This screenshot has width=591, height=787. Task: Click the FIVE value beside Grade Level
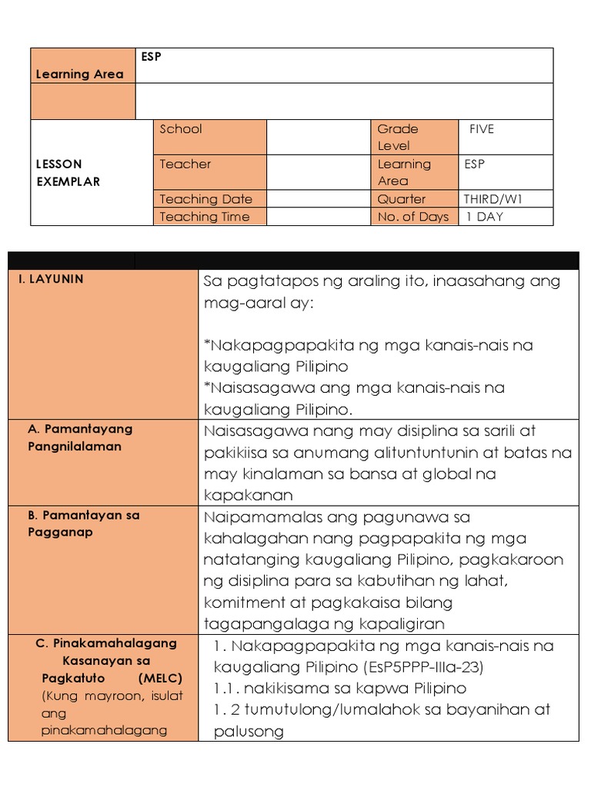482,129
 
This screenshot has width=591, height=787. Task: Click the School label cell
181,129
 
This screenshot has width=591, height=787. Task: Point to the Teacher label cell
185,164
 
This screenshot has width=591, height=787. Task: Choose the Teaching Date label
205,199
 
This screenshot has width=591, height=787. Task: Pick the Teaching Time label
205,217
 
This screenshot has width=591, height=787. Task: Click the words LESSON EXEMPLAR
69,173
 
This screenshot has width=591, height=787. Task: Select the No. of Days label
412,217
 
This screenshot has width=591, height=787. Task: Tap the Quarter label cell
401,199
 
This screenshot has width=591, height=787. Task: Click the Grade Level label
398,137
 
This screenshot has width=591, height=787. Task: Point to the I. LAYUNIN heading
51,279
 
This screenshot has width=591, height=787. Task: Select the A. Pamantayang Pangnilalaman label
79,437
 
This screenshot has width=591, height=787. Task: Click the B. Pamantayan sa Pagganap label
83,523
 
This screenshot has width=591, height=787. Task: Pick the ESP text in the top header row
151,56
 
